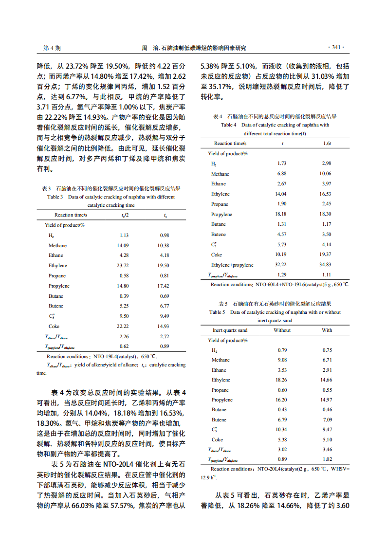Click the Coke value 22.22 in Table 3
coord(122,326)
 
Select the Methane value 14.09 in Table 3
coord(122,245)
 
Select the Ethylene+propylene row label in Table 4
coord(232,265)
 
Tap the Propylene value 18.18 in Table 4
coord(281,214)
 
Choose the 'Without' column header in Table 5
coord(282,330)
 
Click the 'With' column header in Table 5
coord(327,330)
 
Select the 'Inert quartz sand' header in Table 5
coord(230,330)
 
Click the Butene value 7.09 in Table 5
coord(327,419)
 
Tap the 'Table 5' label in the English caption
coord(217,312)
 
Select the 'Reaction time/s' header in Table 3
coord(71,215)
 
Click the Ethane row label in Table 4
coord(219,184)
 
